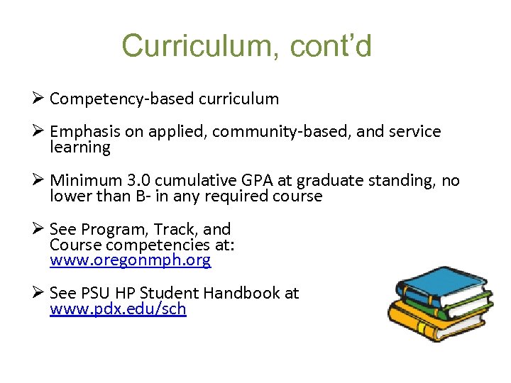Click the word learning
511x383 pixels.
point(80,148)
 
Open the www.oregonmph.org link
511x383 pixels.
point(130,260)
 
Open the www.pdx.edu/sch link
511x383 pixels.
point(118,309)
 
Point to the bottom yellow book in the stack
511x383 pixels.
point(426,326)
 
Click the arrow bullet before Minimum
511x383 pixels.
point(40,181)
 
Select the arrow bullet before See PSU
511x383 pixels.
point(40,293)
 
